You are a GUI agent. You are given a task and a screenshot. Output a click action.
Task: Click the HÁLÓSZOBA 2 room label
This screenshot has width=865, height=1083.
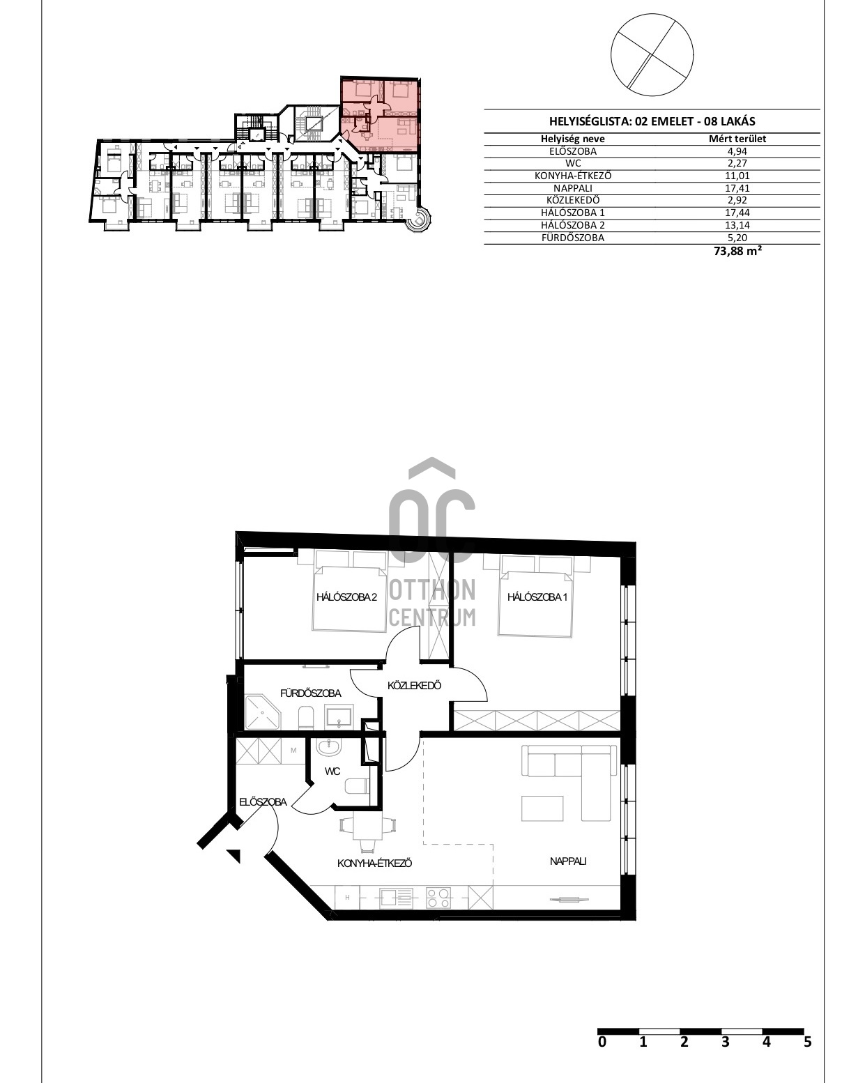pyautogui.click(x=346, y=597)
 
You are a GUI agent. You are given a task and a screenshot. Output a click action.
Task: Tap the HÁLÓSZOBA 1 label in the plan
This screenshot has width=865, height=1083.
pyautogui.click(x=537, y=597)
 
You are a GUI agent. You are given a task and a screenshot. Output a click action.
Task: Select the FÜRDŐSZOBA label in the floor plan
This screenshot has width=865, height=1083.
pyautogui.click(x=310, y=693)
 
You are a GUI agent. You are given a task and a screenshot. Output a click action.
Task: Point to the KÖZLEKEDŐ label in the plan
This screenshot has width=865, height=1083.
pyautogui.click(x=414, y=685)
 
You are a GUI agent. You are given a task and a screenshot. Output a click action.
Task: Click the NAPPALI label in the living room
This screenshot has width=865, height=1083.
pyautogui.click(x=568, y=861)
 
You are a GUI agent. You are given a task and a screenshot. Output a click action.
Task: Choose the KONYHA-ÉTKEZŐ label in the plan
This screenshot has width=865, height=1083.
pyautogui.click(x=374, y=863)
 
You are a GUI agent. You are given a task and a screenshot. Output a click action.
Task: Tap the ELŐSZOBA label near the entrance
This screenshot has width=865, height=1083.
pyautogui.click(x=263, y=801)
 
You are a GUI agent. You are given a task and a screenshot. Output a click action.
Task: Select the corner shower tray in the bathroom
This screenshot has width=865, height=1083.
pyautogui.click(x=262, y=712)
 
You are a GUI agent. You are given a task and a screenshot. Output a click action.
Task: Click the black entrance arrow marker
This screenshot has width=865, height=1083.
pyautogui.click(x=235, y=855)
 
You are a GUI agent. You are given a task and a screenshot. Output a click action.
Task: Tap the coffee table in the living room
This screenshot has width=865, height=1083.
pyautogui.click(x=542, y=808)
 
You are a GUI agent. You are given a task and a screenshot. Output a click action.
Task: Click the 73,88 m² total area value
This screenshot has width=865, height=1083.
pyautogui.click(x=737, y=251)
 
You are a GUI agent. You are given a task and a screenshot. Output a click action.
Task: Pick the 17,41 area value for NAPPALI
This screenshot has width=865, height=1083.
pyautogui.click(x=737, y=188)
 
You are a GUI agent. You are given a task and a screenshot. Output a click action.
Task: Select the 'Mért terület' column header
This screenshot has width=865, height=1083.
pyautogui.click(x=737, y=139)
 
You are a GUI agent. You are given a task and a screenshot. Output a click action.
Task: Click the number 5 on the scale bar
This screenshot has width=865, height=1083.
pyautogui.click(x=808, y=1041)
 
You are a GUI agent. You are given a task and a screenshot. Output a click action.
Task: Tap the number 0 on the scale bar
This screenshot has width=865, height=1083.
pyautogui.click(x=602, y=1041)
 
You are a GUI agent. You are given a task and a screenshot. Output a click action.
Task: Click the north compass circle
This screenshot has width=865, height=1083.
pyautogui.click(x=652, y=55)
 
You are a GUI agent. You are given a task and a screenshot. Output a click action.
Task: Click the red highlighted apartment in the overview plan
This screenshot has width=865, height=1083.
pyautogui.click(x=380, y=115)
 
